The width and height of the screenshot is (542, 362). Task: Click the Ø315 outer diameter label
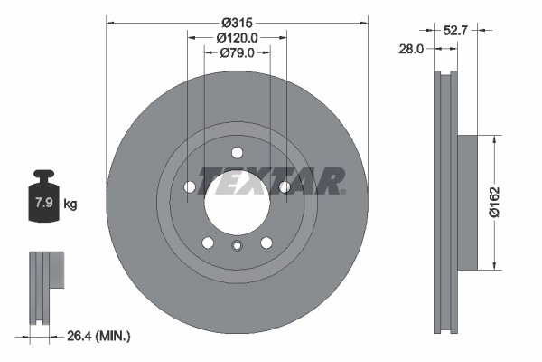pyautogui.click(x=238, y=20)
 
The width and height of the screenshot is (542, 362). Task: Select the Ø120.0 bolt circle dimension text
pyautogui.click(x=238, y=37)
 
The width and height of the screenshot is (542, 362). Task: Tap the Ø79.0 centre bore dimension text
pyautogui.click(x=238, y=53)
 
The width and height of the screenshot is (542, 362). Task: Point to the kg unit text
pyautogui.click(x=70, y=205)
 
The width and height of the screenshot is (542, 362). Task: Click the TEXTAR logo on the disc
pyautogui.click(x=271, y=181)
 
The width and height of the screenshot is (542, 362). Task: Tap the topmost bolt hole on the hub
pyautogui.click(x=237, y=152)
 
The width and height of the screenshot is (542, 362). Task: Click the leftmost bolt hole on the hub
pyautogui.click(x=191, y=187)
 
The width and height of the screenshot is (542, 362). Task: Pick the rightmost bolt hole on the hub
pyautogui.click(x=284, y=187)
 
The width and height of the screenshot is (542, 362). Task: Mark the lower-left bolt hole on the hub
pyautogui.click(x=208, y=242)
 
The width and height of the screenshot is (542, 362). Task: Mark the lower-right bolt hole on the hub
pyautogui.click(x=266, y=242)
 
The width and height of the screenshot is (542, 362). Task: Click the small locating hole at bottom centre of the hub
pyautogui.click(x=237, y=246)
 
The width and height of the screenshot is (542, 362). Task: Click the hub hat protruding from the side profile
pyautogui.click(x=466, y=202)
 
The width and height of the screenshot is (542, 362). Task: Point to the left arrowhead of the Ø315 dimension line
pyautogui.click(x=110, y=20)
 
